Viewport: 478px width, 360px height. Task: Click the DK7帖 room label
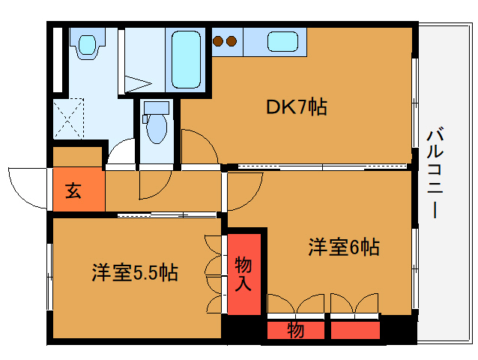tap(297, 106)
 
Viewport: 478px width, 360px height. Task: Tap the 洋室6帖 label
tap(344, 247)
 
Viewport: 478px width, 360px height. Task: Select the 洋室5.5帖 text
tap(135, 272)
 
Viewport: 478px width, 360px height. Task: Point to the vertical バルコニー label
tap(435, 172)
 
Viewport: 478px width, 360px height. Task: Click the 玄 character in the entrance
tap(73, 191)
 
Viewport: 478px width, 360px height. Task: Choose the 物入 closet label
tap(243, 274)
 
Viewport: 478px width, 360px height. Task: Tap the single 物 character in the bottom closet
tap(295, 330)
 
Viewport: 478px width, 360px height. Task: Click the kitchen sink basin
tap(282, 42)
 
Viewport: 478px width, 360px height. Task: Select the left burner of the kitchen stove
tap(218, 41)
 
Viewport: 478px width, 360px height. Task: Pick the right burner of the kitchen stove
tap(232, 41)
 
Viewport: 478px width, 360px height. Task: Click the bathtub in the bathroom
tap(186, 60)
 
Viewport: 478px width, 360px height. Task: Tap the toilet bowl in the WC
tap(157, 128)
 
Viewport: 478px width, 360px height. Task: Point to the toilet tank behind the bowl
tap(157, 108)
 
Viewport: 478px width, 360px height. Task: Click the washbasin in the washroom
tap(88, 46)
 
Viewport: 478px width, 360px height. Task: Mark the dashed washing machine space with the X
tap(69, 118)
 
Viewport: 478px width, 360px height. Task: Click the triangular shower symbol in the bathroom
tap(138, 83)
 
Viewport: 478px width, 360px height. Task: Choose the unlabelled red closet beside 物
tap(355, 330)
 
